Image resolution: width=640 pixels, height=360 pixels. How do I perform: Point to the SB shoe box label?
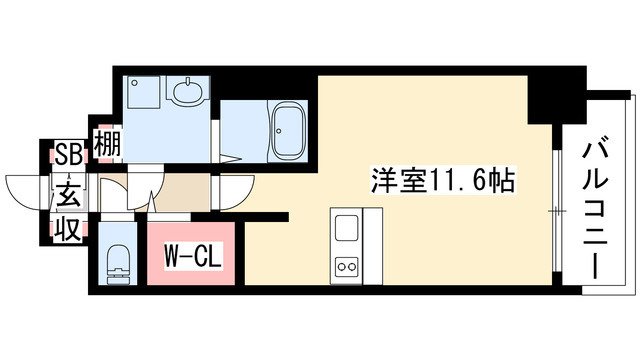point(68,153)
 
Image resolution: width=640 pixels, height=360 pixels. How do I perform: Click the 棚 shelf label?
point(106,146)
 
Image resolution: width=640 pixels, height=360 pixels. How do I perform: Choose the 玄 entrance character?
point(68,192)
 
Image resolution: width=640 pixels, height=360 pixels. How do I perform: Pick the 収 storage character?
point(68,230)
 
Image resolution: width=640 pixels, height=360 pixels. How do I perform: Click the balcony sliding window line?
point(553,210)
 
